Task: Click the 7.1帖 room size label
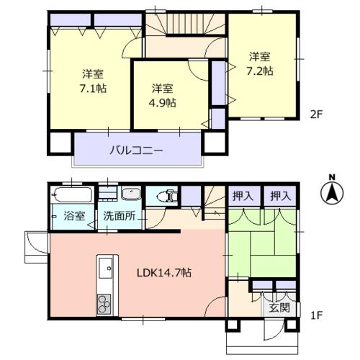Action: [93, 89]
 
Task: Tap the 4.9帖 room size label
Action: [163, 103]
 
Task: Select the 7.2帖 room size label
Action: [260, 71]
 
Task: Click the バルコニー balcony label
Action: [136, 150]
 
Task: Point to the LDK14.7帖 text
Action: [164, 273]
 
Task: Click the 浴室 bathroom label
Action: [74, 216]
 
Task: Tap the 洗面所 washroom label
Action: [119, 216]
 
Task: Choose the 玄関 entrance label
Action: [279, 307]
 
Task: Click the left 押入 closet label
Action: [243, 197]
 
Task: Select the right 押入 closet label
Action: [281, 197]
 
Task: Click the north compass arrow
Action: [332, 194]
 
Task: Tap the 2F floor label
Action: [316, 114]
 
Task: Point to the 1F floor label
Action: [316, 315]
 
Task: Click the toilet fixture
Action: [167, 196]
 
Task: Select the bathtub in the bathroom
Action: [72, 194]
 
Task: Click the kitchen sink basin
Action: [106, 268]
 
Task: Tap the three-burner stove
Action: [104, 305]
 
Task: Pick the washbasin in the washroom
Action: [131, 194]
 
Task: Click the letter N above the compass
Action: [332, 177]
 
